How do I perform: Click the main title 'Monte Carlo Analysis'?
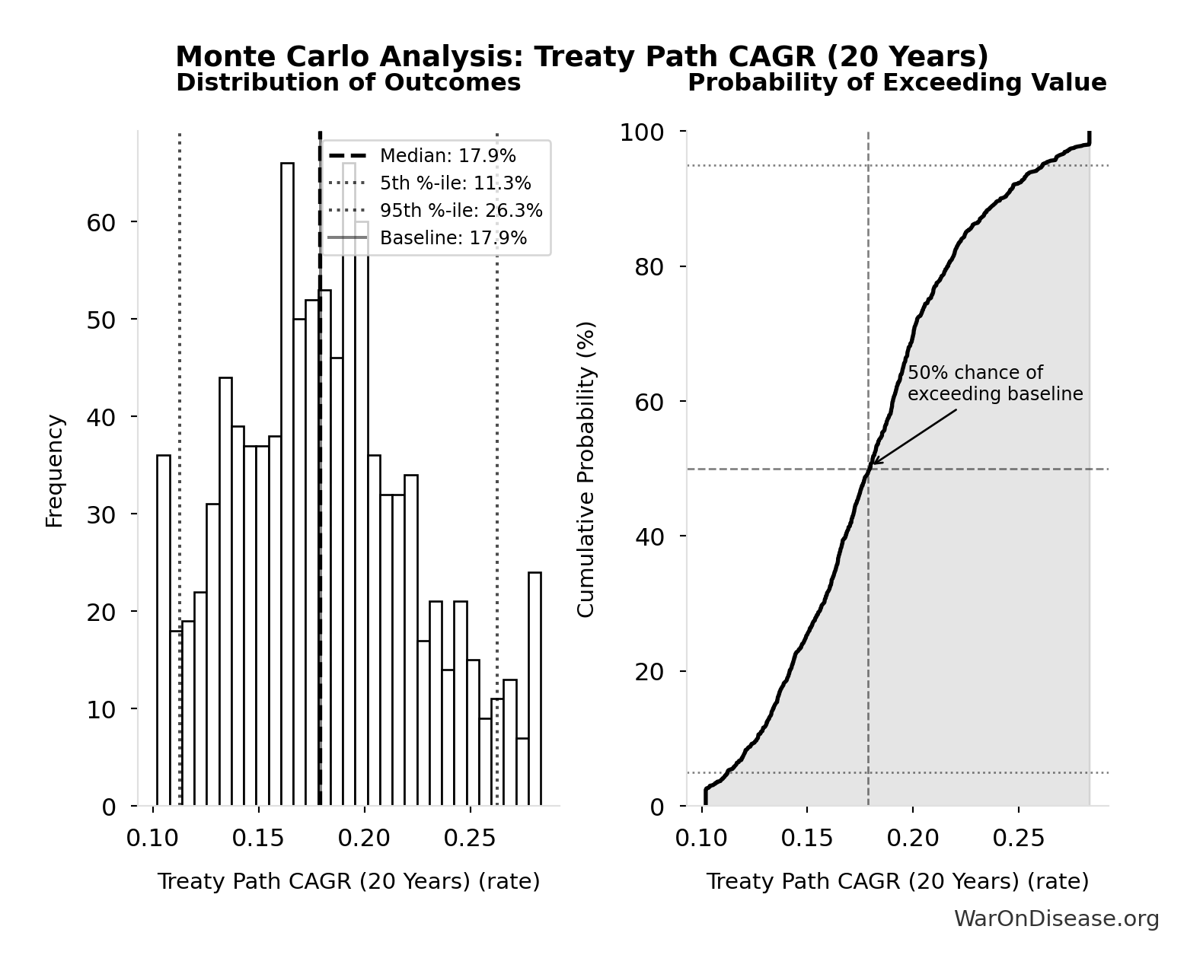(x=582, y=57)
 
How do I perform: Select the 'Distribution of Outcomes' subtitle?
(x=348, y=82)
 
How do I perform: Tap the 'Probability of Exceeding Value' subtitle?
(x=897, y=82)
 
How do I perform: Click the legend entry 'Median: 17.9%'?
(x=448, y=156)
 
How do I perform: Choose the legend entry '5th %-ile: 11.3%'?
(x=455, y=183)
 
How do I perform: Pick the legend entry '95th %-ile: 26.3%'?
(x=461, y=211)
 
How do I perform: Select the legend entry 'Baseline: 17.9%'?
(x=453, y=238)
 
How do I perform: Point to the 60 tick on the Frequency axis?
(x=100, y=222)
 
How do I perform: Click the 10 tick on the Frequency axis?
(x=100, y=709)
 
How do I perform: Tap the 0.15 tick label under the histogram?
(x=258, y=838)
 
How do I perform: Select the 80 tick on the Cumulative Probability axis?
(x=649, y=267)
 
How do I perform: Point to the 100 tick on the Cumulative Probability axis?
(x=641, y=132)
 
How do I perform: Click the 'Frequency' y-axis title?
(x=55, y=470)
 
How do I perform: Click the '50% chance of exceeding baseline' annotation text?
(x=994, y=384)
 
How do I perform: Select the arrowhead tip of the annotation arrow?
(x=873, y=463)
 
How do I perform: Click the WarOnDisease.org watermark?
(x=1056, y=918)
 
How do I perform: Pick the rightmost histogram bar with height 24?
(x=534, y=689)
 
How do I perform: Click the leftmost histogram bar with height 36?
(x=164, y=630)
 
